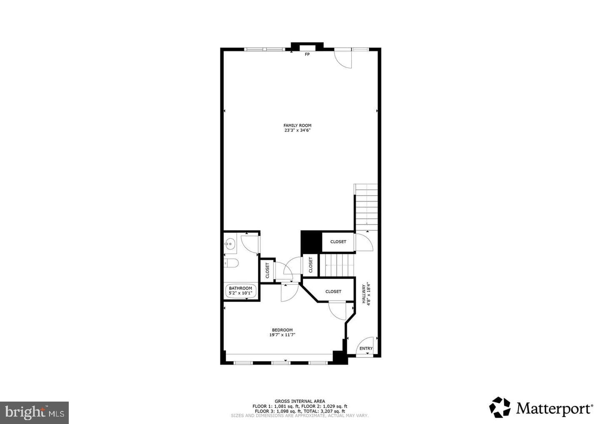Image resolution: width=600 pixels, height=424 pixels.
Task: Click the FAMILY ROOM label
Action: click(297, 125)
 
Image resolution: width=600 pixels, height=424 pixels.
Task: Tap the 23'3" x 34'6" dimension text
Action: click(297, 130)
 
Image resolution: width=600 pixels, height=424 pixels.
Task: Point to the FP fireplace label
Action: click(307, 54)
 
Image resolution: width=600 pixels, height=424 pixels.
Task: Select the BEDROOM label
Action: click(282, 330)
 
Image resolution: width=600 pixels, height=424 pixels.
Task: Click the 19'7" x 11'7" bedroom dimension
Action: click(282, 334)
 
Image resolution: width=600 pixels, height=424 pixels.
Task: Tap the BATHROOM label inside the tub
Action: click(240, 288)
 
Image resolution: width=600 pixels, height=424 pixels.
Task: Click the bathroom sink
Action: click(230, 244)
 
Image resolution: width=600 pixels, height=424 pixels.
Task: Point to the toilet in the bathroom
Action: click(231, 263)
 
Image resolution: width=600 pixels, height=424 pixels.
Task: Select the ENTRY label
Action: click(366, 349)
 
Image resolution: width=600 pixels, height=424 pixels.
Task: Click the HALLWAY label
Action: click(364, 294)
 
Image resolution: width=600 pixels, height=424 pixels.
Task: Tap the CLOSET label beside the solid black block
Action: click(338, 242)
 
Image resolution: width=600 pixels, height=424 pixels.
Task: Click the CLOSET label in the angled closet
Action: click(333, 292)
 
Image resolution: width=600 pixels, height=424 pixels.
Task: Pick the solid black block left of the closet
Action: click(311, 242)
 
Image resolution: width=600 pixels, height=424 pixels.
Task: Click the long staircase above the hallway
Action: click(366, 207)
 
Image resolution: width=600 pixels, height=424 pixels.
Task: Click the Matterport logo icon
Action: click(500, 407)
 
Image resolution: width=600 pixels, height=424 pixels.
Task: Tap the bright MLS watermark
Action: click(34, 412)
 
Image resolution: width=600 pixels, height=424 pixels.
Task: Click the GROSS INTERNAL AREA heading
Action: click(300, 401)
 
